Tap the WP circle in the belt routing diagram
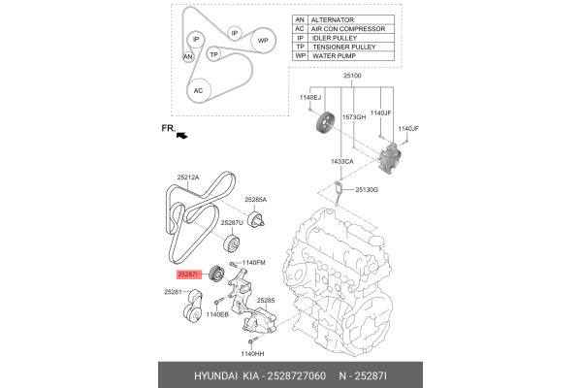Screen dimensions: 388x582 tap(263, 41)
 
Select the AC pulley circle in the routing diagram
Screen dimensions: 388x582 tap(200, 90)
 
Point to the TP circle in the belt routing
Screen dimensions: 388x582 tap(215, 54)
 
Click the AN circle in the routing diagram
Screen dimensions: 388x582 tap(188, 57)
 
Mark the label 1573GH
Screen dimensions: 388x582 tap(352, 115)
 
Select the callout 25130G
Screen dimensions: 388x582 tap(368, 188)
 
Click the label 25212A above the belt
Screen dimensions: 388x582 tap(188, 178)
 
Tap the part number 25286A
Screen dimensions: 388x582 tap(255, 199)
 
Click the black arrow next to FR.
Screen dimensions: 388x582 tap(180, 136)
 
